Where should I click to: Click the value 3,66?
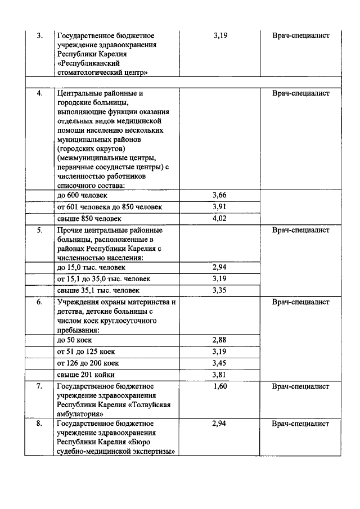(x=219, y=195)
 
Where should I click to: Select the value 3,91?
(x=219, y=207)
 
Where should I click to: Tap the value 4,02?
(x=219, y=219)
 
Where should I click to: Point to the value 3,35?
(x=219, y=291)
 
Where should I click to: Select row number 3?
(x=39, y=35)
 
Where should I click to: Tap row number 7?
(x=39, y=387)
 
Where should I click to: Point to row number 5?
(x=39, y=231)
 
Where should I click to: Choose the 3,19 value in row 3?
(x=220, y=35)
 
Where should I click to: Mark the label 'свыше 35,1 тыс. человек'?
(x=98, y=291)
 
